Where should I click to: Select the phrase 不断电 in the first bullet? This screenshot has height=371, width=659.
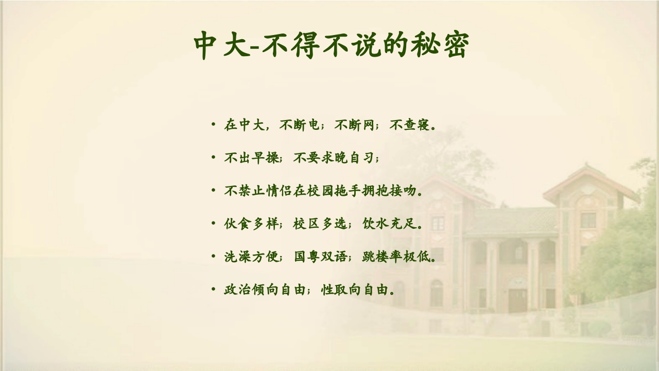pos(299,125)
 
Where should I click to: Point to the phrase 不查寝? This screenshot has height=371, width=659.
pos(410,125)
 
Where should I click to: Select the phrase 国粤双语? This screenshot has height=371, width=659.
pos(320,257)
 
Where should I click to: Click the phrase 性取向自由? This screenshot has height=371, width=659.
pos(354,290)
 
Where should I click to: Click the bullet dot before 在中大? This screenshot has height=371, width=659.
pos(213,125)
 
